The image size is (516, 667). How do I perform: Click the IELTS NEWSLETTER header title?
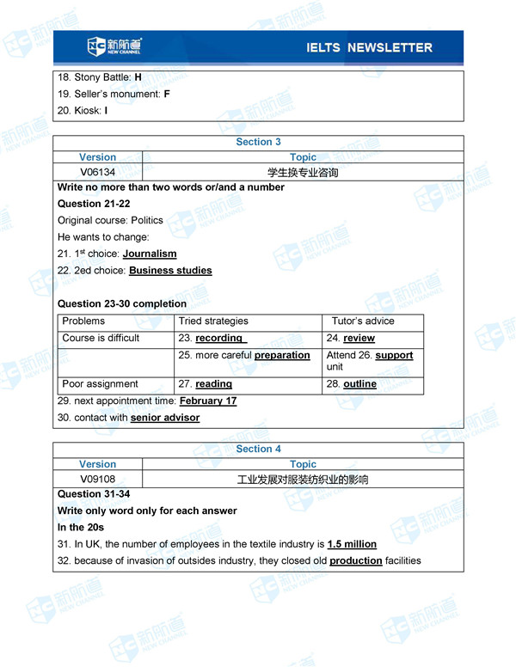pos(369,47)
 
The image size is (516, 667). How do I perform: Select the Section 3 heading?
pos(258,142)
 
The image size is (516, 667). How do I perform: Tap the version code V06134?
pos(97,172)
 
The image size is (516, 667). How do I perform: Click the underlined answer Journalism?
pos(150,254)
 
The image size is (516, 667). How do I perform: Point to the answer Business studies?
pos(170,271)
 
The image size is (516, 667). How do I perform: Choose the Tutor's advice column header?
pos(363,321)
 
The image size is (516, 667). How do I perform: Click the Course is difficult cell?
pos(101,338)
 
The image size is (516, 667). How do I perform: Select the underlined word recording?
pos(220,338)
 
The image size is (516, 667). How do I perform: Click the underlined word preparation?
pos(282,355)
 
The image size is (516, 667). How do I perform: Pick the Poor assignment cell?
pos(100,384)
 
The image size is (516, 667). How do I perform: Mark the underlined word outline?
pos(359,384)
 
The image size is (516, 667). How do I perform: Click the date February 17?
pos(208,401)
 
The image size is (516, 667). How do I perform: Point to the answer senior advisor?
pos(165,418)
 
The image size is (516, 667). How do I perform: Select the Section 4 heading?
pos(258,449)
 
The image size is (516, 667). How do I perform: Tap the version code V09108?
pos(97,479)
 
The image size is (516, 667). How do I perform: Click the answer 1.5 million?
pos(352,544)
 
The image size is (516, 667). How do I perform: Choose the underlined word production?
pos(355,560)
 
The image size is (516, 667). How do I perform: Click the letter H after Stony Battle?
pos(138,77)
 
